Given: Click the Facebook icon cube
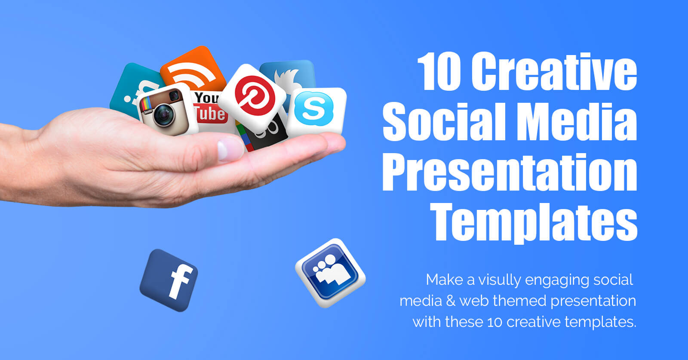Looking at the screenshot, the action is (169, 280).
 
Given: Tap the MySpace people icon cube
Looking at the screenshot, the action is (330, 273).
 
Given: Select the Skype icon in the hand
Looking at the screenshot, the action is (316, 111).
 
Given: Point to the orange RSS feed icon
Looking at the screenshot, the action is (193, 69).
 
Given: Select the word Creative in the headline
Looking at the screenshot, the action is (554, 71).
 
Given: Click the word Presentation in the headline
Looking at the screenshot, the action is (510, 172).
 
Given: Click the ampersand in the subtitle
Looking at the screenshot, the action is (451, 301).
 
